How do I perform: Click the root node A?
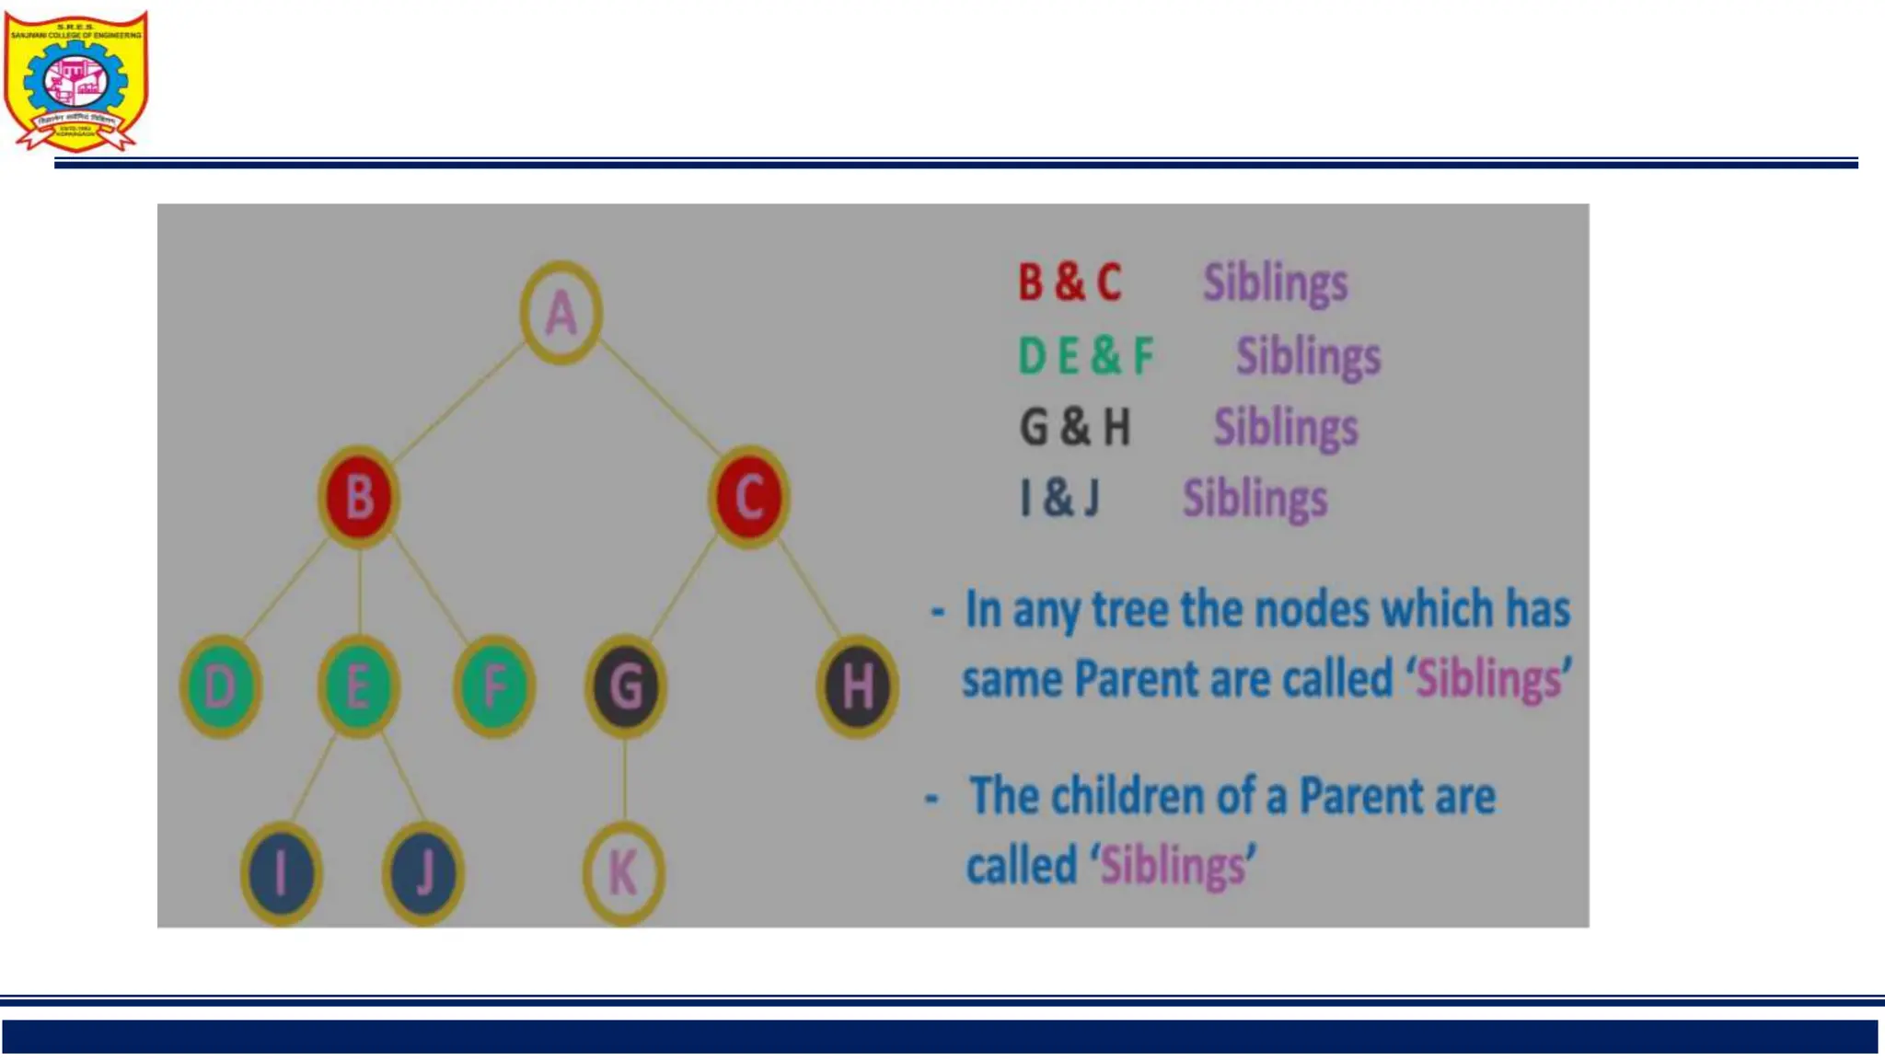click(x=561, y=313)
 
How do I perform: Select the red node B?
click(x=359, y=498)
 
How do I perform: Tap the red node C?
click(x=749, y=498)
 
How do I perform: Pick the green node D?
click(x=221, y=686)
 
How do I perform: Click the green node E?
click(x=358, y=686)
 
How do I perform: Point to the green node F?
click(x=494, y=686)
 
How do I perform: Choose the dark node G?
click(x=626, y=686)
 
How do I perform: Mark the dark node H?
click(x=857, y=686)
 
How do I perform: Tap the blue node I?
click(x=282, y=872)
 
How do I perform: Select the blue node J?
click(x=423, y=872)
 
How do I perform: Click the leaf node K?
click(x=624, y=872)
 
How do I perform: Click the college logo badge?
click(x=75, y=81)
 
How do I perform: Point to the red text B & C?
click(x=1070, y=282)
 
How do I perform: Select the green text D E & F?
click(x=1085, y=356)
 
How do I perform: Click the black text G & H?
click(x=1074, y=428)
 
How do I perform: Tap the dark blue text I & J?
click(x=1059, y=499)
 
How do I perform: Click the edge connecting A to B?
click(x=458, y=402)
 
